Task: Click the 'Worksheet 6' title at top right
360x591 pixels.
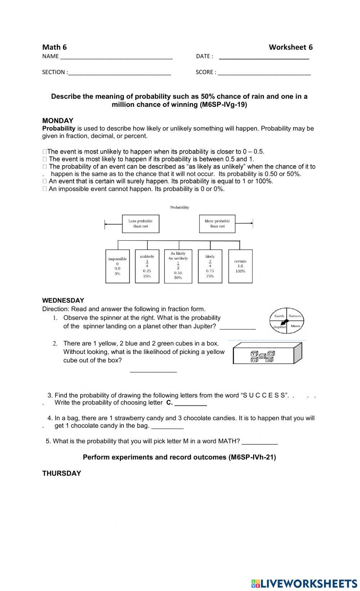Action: coord(291,47)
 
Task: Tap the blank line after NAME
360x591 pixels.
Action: coord(116,56)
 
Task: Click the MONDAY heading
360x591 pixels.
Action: coord(58,121)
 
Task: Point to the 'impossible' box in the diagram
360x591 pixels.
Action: coord(117,266)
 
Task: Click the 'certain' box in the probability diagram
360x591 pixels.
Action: coord(240,266)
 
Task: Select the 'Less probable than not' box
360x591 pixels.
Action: coord(140,224)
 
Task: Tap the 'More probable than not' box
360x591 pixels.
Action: coord(217,224)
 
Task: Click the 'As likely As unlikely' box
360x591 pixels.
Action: coord(178,266)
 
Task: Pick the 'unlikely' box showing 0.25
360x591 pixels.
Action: coord(147,266)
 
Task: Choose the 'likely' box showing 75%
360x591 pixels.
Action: coord(210,266)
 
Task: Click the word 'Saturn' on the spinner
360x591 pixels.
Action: coord(295,316)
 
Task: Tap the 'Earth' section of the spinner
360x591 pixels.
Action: coord(279,316)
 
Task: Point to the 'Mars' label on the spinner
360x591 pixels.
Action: coord(295,326)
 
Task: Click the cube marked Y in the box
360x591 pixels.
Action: coord(254,354)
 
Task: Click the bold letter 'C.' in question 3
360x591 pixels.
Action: coord(169,403)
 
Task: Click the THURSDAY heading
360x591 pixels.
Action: coord(62,473)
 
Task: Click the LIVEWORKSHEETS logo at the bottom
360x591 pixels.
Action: coord(304,583)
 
